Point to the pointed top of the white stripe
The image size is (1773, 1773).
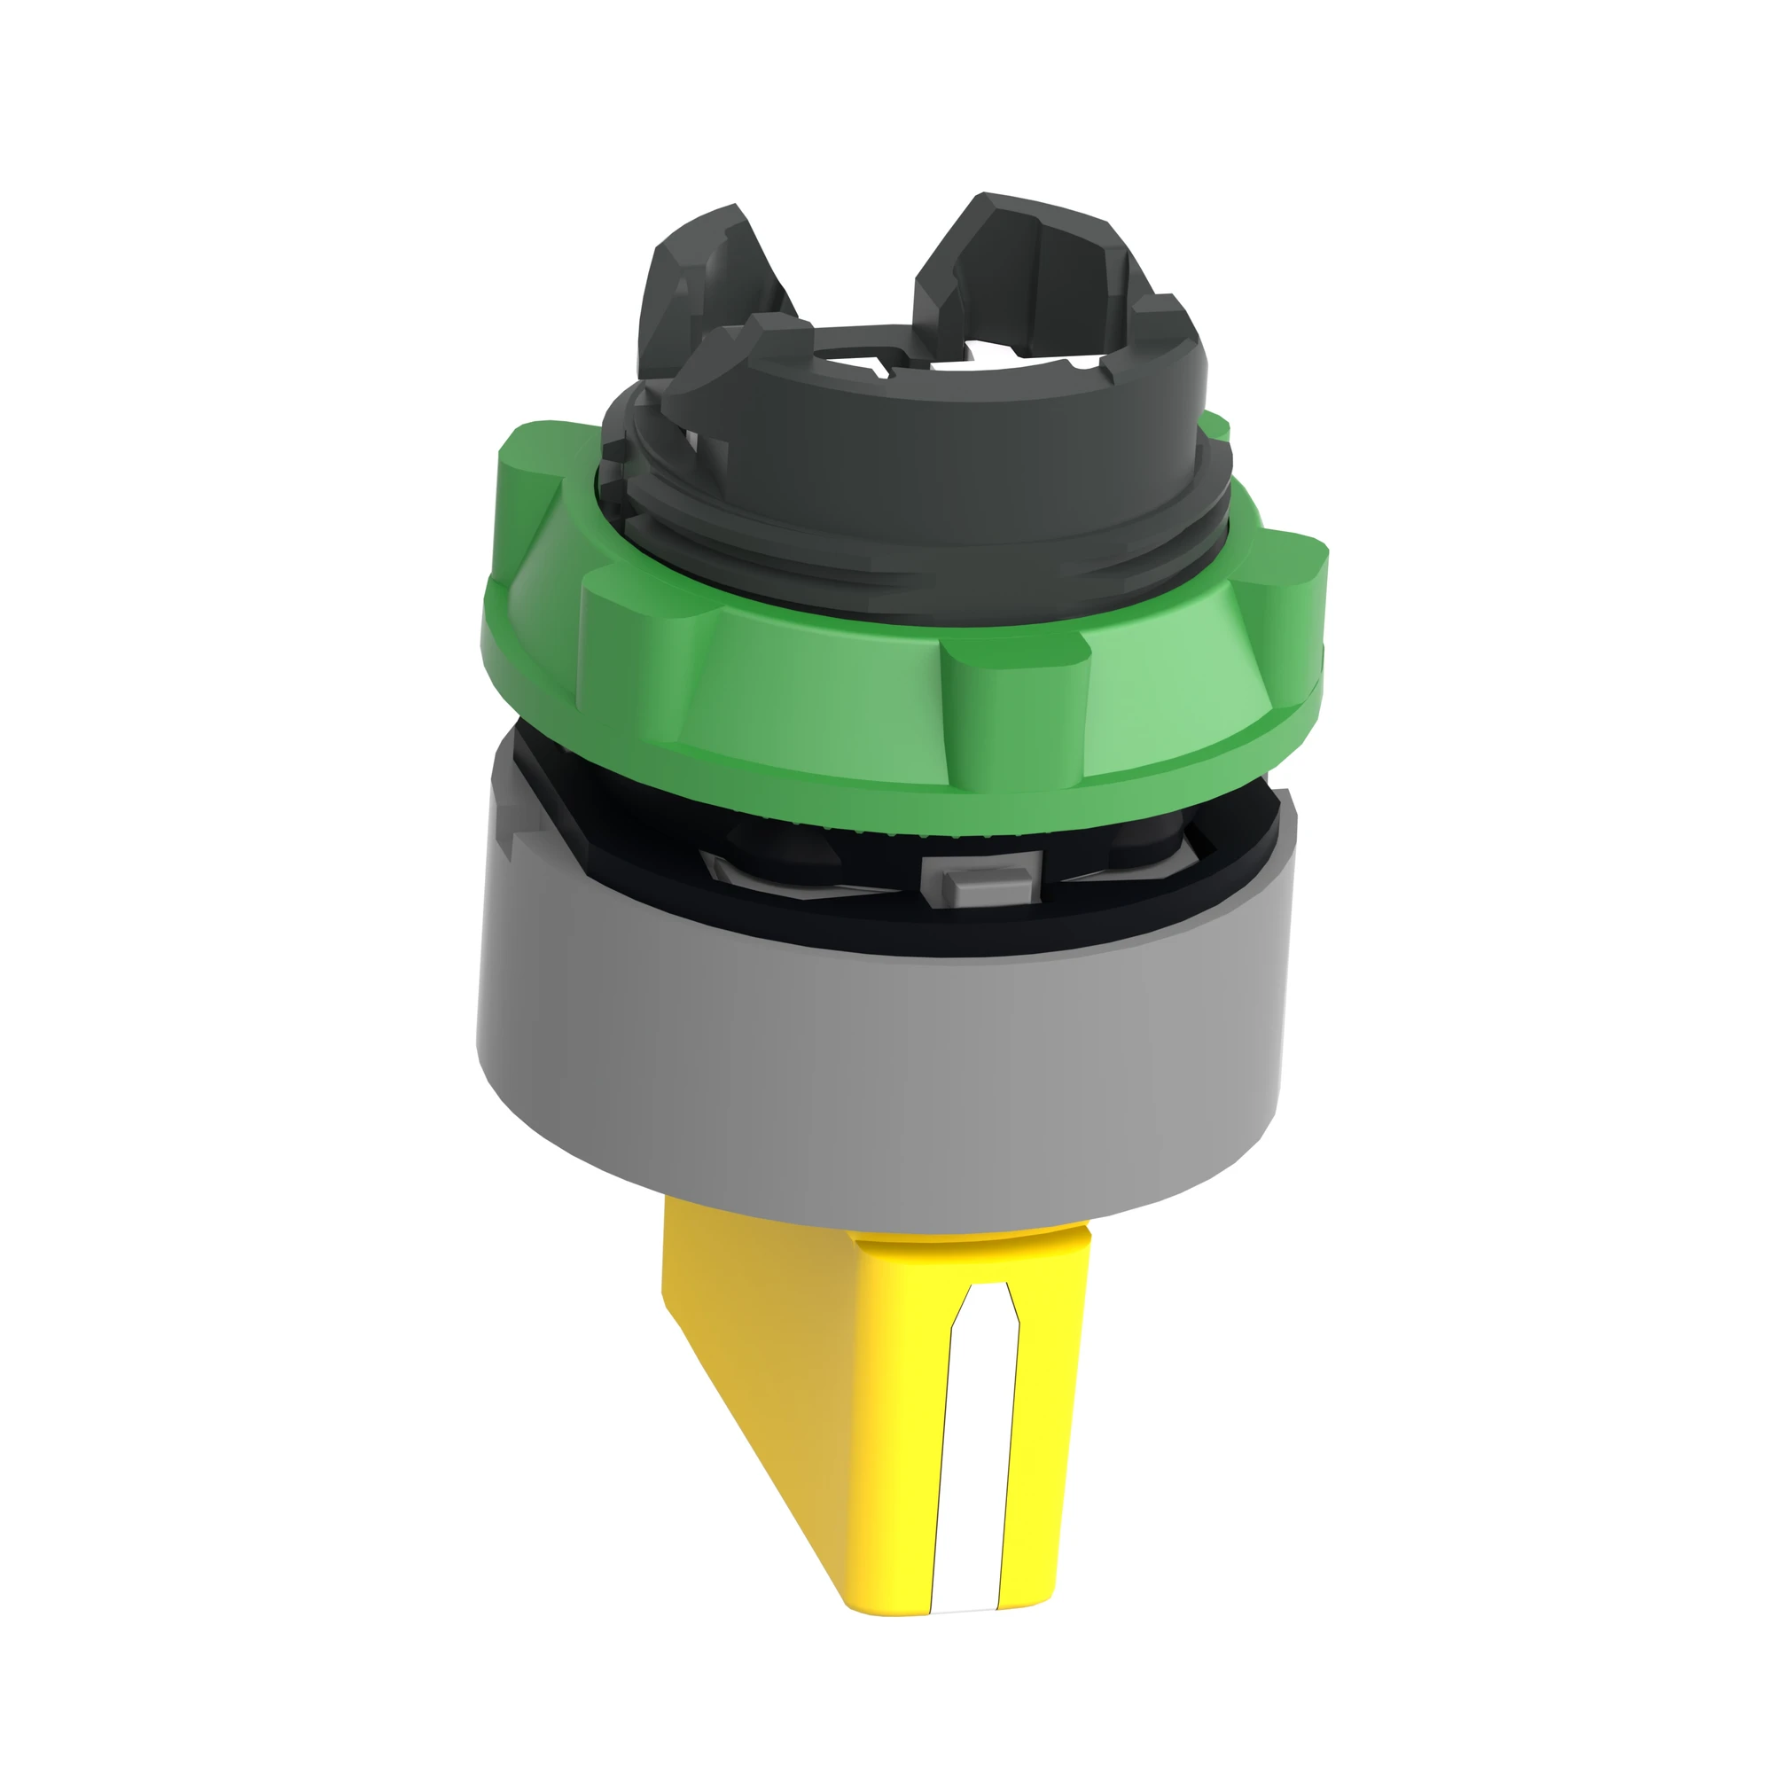click(x=987, y=1299)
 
